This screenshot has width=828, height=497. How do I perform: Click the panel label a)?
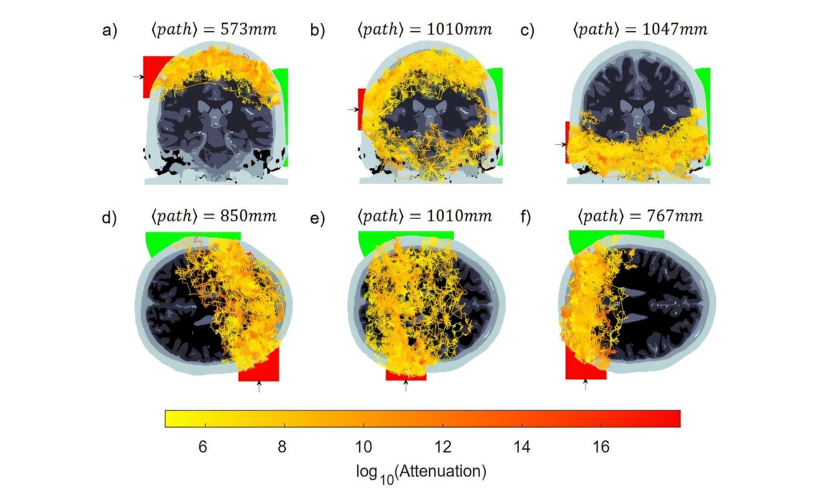109,30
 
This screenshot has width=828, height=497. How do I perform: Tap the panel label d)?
109,218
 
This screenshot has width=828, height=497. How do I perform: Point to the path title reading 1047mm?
639,30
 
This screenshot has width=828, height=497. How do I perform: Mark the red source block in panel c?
567,141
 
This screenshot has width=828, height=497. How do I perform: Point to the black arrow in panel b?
352,109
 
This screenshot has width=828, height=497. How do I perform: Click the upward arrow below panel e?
406,386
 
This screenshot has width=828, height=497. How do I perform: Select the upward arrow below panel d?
259,386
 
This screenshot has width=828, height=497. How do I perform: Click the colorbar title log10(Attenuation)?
421,472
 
